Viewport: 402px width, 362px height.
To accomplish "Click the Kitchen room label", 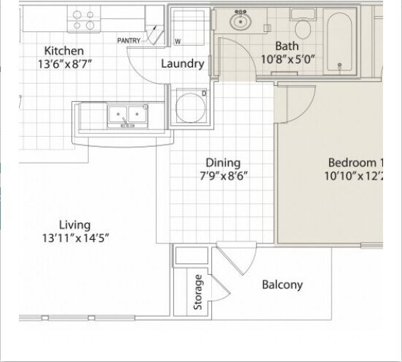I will pyautogui.click(x=64, y=51).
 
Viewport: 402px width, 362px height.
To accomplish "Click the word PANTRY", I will pyautogui.click(x=129, y=41).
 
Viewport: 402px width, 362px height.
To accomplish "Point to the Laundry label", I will pyautogui.click(x=182, y=64).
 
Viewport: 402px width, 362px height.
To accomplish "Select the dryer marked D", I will pyautogui.click(x=190, y=106).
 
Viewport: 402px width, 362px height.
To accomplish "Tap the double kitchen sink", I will pyautogui.click(x=127, y=115).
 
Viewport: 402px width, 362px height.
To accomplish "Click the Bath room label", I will pyautogui.click(x=287, y=47).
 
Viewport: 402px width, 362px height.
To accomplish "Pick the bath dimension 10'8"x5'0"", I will pyautogui.click(x=287, y=60).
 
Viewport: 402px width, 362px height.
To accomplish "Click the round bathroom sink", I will pyautogui.click(x=240, y=22).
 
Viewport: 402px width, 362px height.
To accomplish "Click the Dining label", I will pyautogui.click(x=223, y=163).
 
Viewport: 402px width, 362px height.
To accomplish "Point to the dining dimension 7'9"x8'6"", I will pyautogui.click(x=223, y=175).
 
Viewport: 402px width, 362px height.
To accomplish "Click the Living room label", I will pyautogui.click(x=75, y=225).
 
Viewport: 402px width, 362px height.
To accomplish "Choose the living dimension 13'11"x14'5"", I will pyautogui.click(x=76, y=238).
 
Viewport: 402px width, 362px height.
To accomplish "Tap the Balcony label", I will pyautogui.click(x=282, y=285).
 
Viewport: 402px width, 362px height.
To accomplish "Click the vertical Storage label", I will pyautogui.click(x=198, y=291).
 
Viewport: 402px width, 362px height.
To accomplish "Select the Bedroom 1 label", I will pyautogui.click(x=355, y=163).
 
